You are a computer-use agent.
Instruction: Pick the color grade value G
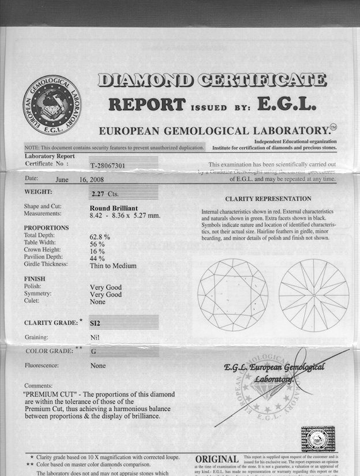(93, 351)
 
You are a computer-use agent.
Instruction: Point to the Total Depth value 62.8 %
(100, 237)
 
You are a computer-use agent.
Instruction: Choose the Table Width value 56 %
(97, 243)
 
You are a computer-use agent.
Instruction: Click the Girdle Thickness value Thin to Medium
(113, 265)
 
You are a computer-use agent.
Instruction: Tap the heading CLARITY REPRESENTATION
(268, 198)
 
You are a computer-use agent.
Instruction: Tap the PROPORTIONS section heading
(46, 228)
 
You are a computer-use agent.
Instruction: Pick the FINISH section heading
(35, 279)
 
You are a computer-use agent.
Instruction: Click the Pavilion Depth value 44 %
(97, 258)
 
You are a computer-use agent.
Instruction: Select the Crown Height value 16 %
(97, 251)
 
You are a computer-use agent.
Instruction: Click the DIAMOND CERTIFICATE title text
(211, 80)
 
